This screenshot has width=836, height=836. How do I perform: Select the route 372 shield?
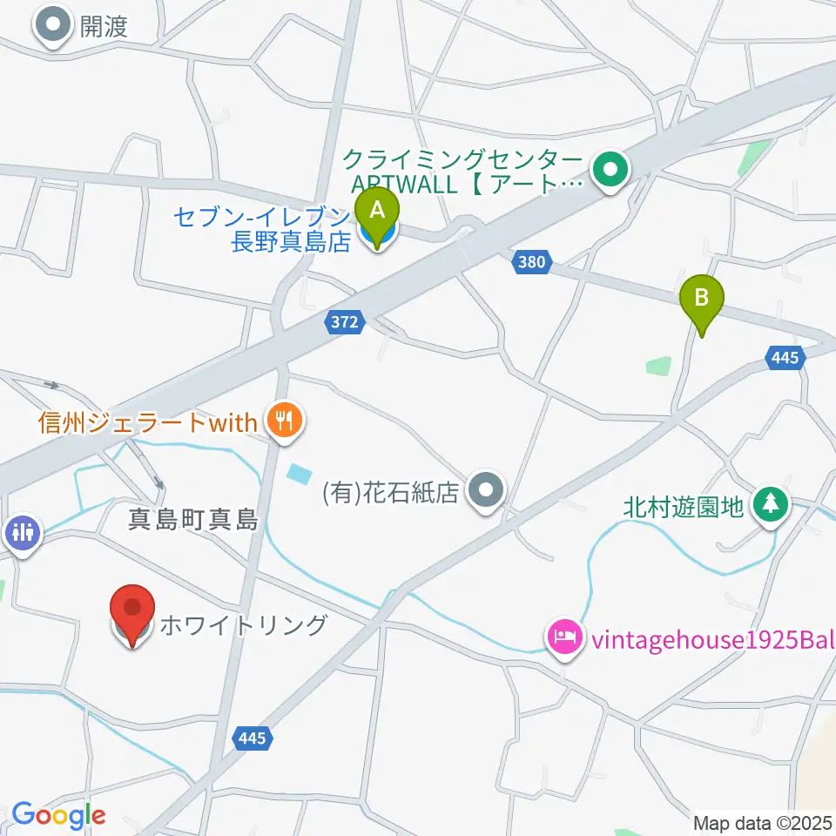click(345, 322)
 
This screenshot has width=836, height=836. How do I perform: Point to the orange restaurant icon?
click(284, 422)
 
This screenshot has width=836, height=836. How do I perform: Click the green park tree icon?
click(770, 505)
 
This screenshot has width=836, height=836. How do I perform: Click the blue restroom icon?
click(22, 532)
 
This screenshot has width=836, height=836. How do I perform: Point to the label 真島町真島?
click(193, 521)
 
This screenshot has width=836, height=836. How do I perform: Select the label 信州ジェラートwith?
click(148, 423)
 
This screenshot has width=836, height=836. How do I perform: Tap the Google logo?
click(58, 816)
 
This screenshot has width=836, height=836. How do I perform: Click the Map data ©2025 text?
click(764, 822)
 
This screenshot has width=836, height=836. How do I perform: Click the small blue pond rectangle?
click(298, 474)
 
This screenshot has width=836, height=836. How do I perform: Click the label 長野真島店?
click(290, 241)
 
